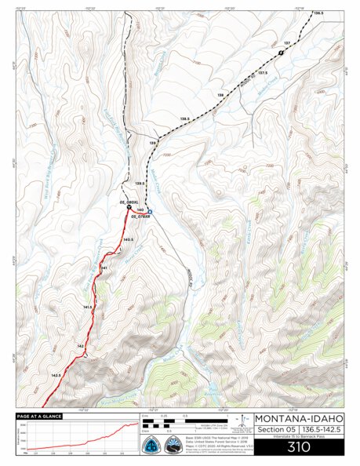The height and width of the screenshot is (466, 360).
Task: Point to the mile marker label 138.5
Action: pos(185,119)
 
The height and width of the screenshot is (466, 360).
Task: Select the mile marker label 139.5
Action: pos(141,184)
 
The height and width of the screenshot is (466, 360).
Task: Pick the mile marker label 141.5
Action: pos(88,307)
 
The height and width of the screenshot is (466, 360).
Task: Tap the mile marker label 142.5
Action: pos(56,376)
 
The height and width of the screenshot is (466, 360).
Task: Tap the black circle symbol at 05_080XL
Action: pos(129,208)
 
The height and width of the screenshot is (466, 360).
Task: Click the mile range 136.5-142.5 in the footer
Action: pos(322,431)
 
